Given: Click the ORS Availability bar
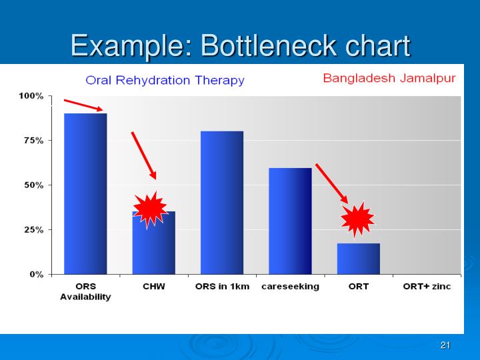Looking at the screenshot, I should pyautogui.click(x=85, y=193).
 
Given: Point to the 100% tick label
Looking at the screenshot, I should pyautogui.click(x=31, y=96).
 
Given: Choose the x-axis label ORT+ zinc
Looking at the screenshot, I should pyautogui.click(x=427, y=287).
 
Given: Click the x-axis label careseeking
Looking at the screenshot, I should pyautogui.click(x=290, y=287).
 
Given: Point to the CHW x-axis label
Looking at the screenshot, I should pyautogui.click(x=154, y=287).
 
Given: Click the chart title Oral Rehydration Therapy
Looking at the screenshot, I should pyautogui.click(x=165, y=81).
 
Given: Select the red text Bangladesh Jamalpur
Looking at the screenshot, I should pyautogui.click(x=389, y=78).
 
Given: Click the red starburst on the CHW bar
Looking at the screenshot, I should pyautogui.click(x=150, y=209).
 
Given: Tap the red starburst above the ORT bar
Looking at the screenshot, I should pyautogui.click(x=357, y=219).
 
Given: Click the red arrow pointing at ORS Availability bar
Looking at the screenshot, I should pyautogui.click(x=84, y=105).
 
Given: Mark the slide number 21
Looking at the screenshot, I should pyautogui.click(x=446, y=345).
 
